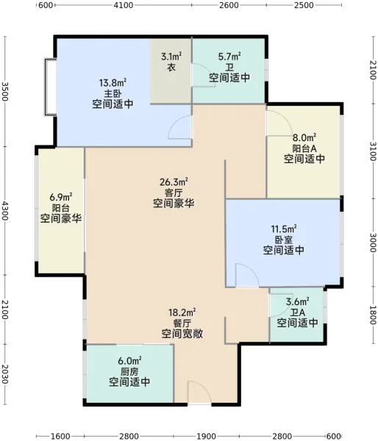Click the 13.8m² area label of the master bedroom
113,82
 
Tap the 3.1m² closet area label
171,57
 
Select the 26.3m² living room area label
174,182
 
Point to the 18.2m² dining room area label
182,312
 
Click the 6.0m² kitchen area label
129,361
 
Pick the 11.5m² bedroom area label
284,229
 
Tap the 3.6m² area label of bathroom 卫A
298,302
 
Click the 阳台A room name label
304,148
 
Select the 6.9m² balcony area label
61,197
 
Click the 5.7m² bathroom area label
229,57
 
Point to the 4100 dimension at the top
124,5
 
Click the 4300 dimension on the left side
5,210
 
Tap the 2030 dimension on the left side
5,374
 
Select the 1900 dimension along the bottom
206,436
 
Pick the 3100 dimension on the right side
373,151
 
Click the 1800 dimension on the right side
373,315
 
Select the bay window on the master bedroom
51,87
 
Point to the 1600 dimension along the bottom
61,436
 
